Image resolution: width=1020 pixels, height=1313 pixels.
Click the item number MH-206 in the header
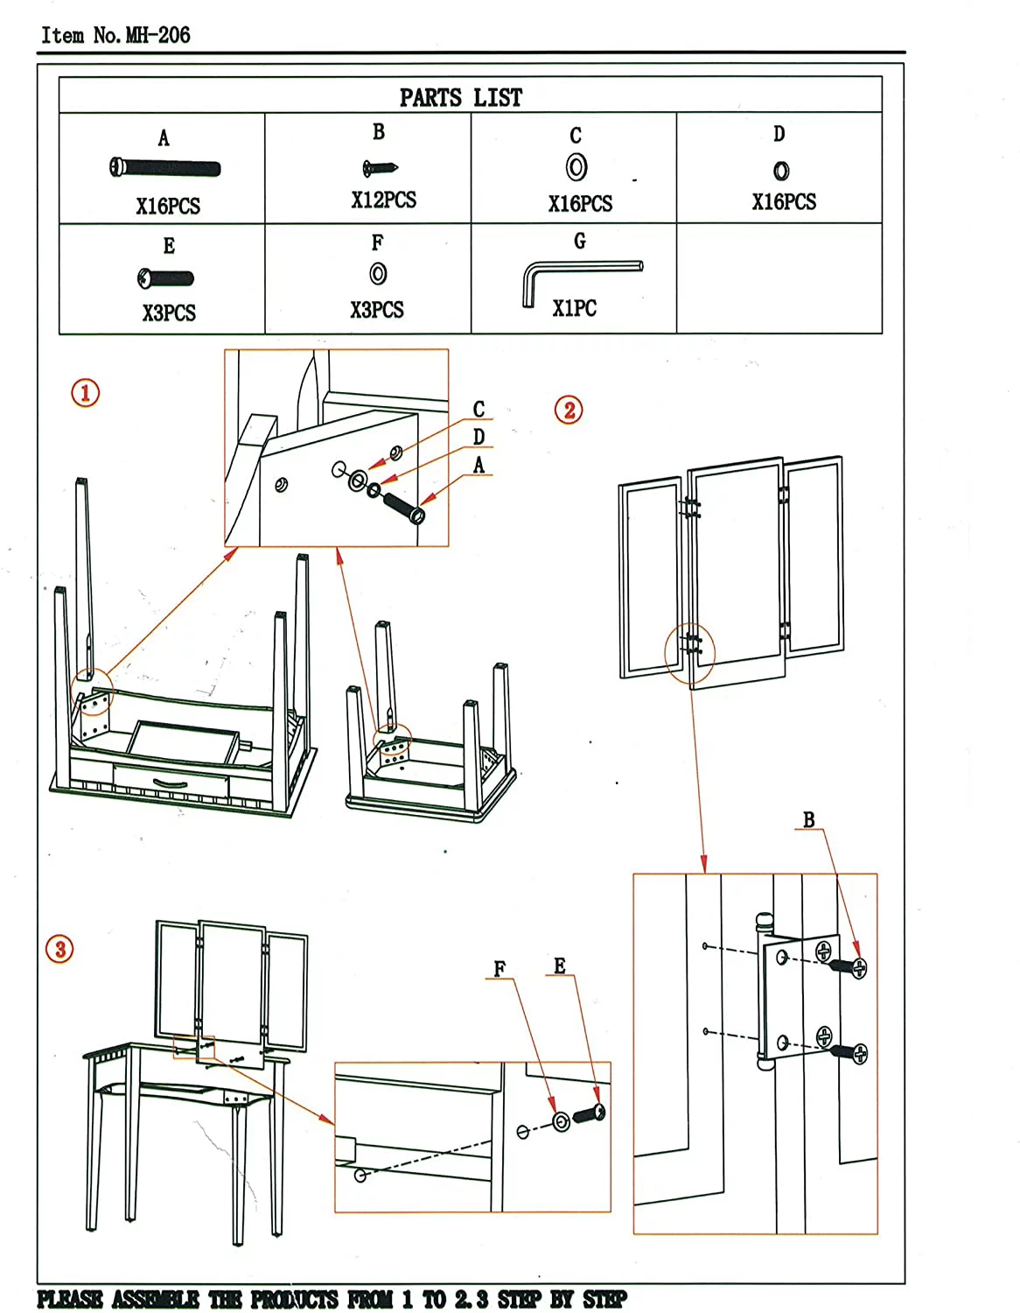157,35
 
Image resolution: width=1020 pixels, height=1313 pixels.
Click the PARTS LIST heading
460,97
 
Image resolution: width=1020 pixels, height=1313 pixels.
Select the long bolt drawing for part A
165,168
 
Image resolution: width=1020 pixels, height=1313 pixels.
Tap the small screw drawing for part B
381,167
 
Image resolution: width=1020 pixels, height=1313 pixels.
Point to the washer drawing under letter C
576,166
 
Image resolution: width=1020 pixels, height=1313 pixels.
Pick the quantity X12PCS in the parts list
383,200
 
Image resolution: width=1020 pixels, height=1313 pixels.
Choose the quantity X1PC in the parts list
574,308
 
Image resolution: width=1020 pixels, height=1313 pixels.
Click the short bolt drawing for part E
166,278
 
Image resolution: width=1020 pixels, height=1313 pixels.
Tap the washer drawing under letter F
378,274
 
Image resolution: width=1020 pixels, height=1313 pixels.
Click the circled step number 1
86,392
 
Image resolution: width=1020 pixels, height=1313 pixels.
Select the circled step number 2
569,410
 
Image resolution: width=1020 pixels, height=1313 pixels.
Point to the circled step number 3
60,949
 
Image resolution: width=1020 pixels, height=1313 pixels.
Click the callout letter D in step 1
479,437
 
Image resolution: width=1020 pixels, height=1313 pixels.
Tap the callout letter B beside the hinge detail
809,820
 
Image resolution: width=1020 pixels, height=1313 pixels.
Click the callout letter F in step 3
500,969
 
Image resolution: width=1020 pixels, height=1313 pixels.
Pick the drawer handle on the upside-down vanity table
169,783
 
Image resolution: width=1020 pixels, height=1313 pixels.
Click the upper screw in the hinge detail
847,966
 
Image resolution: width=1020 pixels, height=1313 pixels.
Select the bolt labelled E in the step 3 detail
590,1114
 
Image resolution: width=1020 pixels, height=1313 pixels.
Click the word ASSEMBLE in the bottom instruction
155,1299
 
